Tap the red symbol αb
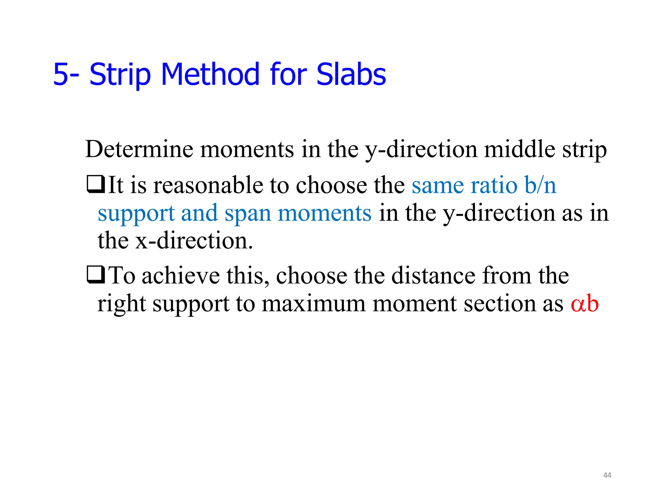(x=584, y=304)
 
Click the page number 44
(x=607, y=475)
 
